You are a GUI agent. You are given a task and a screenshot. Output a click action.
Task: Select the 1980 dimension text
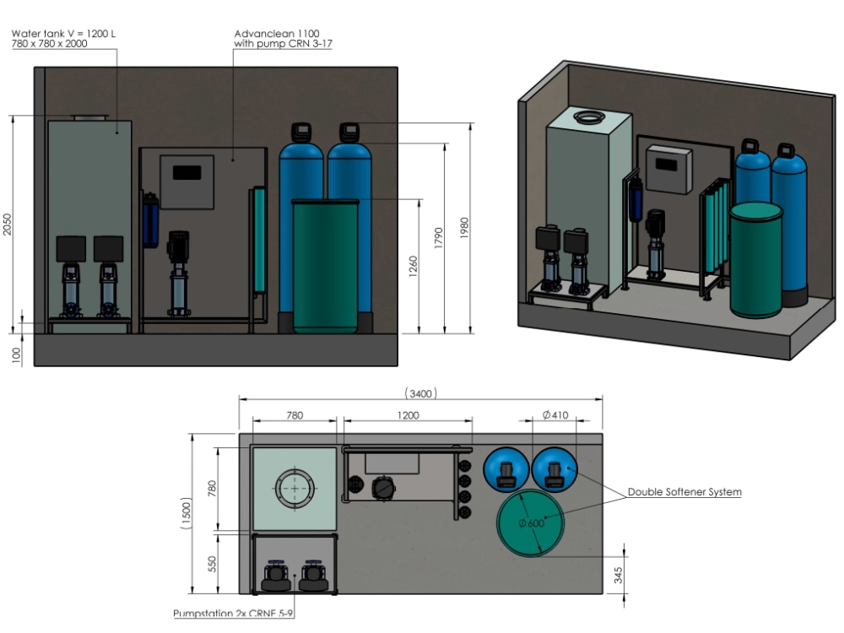pyautogui.click(x=464, y=228)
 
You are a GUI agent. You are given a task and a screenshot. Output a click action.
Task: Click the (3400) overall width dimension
pyautogui.click(x=420, y=392)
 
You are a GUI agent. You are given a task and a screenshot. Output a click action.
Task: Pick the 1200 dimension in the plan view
pyautogui.click(x=408, y=415)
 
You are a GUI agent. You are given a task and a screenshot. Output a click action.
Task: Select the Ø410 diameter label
pyautogui.click(x=555, y=415)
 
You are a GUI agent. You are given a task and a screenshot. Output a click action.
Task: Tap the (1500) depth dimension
pyautogui.click(x=188, y=513)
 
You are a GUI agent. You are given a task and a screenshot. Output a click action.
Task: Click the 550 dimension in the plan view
pyautogui.click(x=212, y=563)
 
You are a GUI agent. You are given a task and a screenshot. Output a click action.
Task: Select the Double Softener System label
pyautogui.click(x=684, y=492)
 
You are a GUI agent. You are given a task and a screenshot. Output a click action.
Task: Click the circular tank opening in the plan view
pyautogui.click(x=295, y=488)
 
